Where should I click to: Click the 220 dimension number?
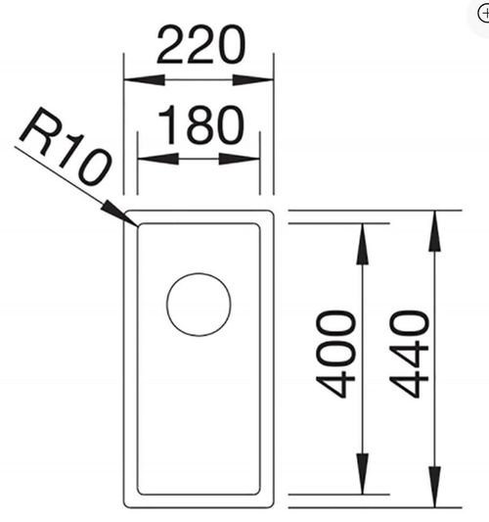coord(201,45)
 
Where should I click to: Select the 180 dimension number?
coord(201,124)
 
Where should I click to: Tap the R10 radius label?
coord(66,147)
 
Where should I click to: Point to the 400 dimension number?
coord(335,355)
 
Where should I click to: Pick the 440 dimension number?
coord(409,355)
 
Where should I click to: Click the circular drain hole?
coord(199,305)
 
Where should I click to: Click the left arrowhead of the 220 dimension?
coord(145,80)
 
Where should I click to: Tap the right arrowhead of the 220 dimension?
coord(253,80)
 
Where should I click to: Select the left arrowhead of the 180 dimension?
coord(158,159)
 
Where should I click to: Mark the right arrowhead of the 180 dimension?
coord(240,159)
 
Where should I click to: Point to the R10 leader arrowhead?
coord(119,214)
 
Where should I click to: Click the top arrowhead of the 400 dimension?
coord(362,245)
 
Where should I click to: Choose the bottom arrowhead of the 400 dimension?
coord(362,474)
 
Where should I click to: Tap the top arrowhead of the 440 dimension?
coord(435,231)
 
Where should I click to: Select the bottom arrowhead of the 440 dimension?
coord(435,488)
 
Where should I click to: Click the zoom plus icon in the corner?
coord(483,14)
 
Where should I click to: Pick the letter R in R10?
coord(36,130)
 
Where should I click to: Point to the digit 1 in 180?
coord(169,125)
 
